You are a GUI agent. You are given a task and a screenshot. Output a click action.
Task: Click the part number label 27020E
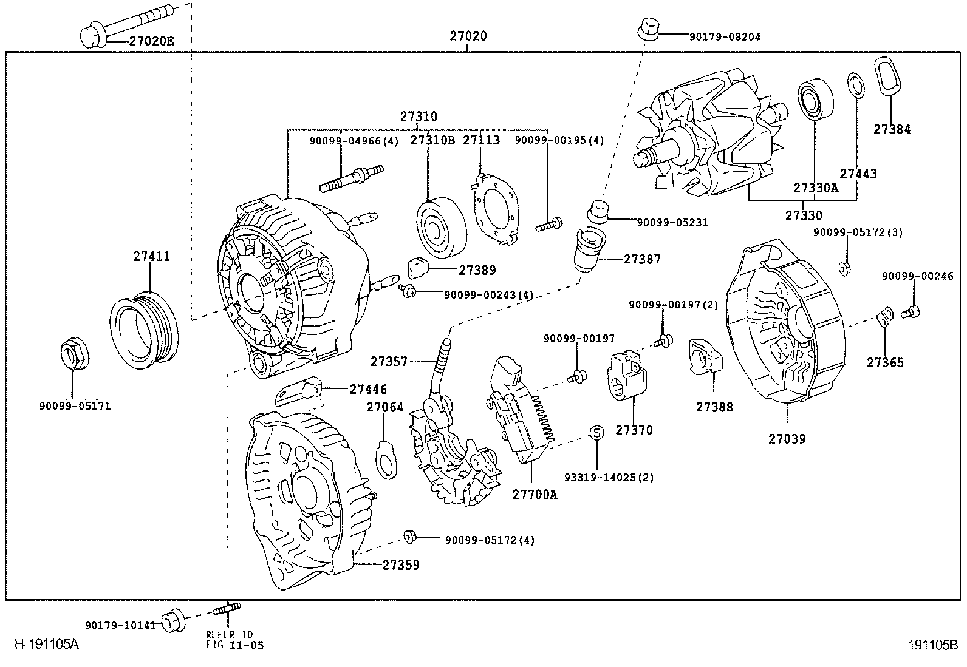151,41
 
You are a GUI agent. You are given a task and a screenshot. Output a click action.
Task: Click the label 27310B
432,140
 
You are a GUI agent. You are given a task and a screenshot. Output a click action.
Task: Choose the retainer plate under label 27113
496,208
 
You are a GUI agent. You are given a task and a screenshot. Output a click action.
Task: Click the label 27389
477,271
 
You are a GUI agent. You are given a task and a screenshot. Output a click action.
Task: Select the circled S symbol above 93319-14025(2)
597,433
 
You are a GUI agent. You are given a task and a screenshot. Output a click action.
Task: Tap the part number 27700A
535,495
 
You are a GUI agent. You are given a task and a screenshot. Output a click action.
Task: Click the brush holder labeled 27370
628,377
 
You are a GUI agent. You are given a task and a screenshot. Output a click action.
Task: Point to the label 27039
787,439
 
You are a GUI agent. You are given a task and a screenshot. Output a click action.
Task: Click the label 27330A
815,188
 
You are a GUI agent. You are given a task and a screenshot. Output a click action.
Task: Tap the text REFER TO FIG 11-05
234,640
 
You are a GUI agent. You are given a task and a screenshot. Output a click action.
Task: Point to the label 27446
367,390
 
